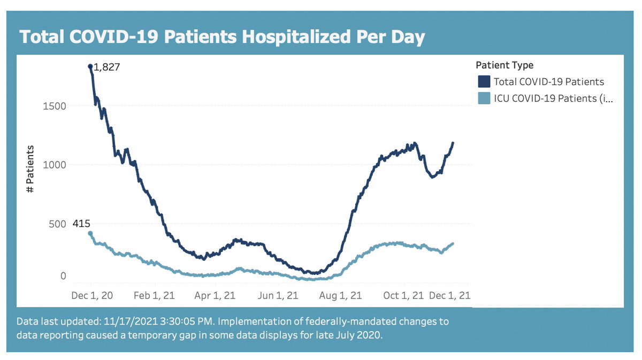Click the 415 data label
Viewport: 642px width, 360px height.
[x=81, y=224]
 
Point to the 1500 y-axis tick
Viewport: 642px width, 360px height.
[x=55, y=106]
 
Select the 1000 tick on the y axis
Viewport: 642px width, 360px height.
[x=55, y=165]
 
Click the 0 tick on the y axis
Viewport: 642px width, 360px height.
[x=63, y=277]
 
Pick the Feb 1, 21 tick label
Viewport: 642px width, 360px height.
[x=154, y=295]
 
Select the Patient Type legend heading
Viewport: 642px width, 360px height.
[x=504, y=65]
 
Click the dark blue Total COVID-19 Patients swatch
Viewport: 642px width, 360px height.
[x=484, y=82]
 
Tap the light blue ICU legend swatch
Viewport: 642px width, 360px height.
[x=484, y=98]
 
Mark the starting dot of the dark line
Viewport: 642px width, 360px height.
[x=90, y=66]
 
